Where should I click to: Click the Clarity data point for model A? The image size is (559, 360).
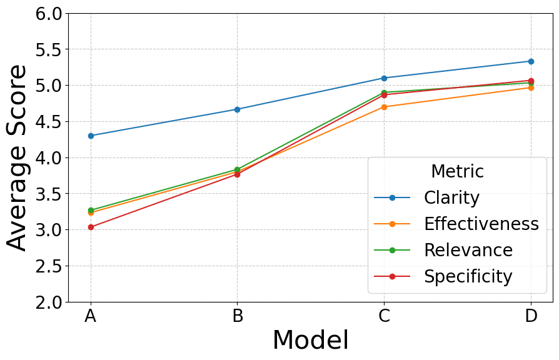tap(91, 136)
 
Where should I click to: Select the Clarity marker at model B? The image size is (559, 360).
tap(238, 109)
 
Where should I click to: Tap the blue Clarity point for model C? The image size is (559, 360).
tap(384, 78)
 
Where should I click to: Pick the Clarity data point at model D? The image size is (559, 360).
tap(531, 61)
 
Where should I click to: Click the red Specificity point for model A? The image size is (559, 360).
tap(91, 227)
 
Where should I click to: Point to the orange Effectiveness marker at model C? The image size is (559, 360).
tap(384, 107)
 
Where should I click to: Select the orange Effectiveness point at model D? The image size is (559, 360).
tap(531, 87)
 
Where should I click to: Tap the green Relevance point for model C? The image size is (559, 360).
tap(384, 92)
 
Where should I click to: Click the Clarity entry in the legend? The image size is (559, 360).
tap(451, 197)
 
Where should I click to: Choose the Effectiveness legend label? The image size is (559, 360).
tap(481, 224)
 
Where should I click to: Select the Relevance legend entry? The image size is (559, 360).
tap(468, 250)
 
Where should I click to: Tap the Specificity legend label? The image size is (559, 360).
tap(468, 276)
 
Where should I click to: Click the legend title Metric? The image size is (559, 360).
tap(457, 171)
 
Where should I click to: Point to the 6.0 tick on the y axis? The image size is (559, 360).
tap(49, 13)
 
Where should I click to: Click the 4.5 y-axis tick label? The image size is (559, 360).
tap(49, 121)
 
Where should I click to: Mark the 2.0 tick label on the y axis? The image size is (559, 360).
tap(49, 302)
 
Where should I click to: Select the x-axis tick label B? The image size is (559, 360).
tap(238, 316)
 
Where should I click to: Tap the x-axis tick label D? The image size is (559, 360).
tap(531, 316)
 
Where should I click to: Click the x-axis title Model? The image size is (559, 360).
tap(310, 341)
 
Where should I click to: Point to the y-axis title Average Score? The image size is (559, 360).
tap(18, 157)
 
